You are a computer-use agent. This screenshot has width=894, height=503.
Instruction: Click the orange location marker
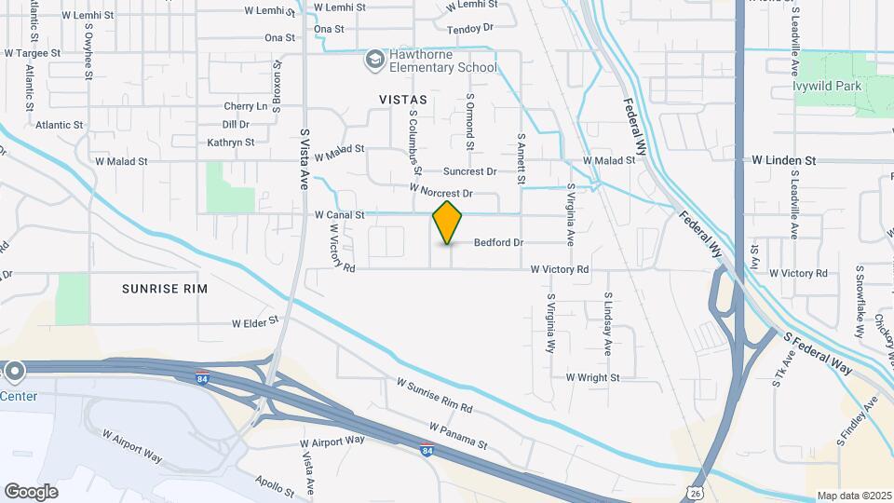pos(448,223)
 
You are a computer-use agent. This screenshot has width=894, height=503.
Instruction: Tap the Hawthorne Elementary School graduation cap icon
pos(374,60)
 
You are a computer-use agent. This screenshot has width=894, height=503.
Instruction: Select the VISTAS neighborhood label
pos(403,99)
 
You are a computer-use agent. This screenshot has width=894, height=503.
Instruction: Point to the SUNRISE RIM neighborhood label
pos(165,289)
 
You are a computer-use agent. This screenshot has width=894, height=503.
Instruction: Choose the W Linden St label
pos(784,160)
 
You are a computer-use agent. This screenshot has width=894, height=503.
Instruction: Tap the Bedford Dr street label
pos(499,242)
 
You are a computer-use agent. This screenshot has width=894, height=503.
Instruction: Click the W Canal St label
pos(339,215)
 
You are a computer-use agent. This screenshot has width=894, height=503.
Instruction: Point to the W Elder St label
pos(255,321)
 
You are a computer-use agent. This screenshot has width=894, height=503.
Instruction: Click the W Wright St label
pos(592,377)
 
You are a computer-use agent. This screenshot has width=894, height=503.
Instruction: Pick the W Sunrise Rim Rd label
pos(435,396)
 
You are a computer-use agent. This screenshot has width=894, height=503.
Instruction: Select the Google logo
pos(31,491)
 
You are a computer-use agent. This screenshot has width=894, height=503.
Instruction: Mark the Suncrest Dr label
pos(469,171)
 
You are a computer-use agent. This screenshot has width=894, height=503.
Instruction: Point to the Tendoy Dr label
pos(470,29)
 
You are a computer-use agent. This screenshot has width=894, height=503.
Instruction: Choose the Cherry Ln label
pos(245,106)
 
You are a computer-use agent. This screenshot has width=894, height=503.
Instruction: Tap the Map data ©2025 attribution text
pos(852,496)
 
